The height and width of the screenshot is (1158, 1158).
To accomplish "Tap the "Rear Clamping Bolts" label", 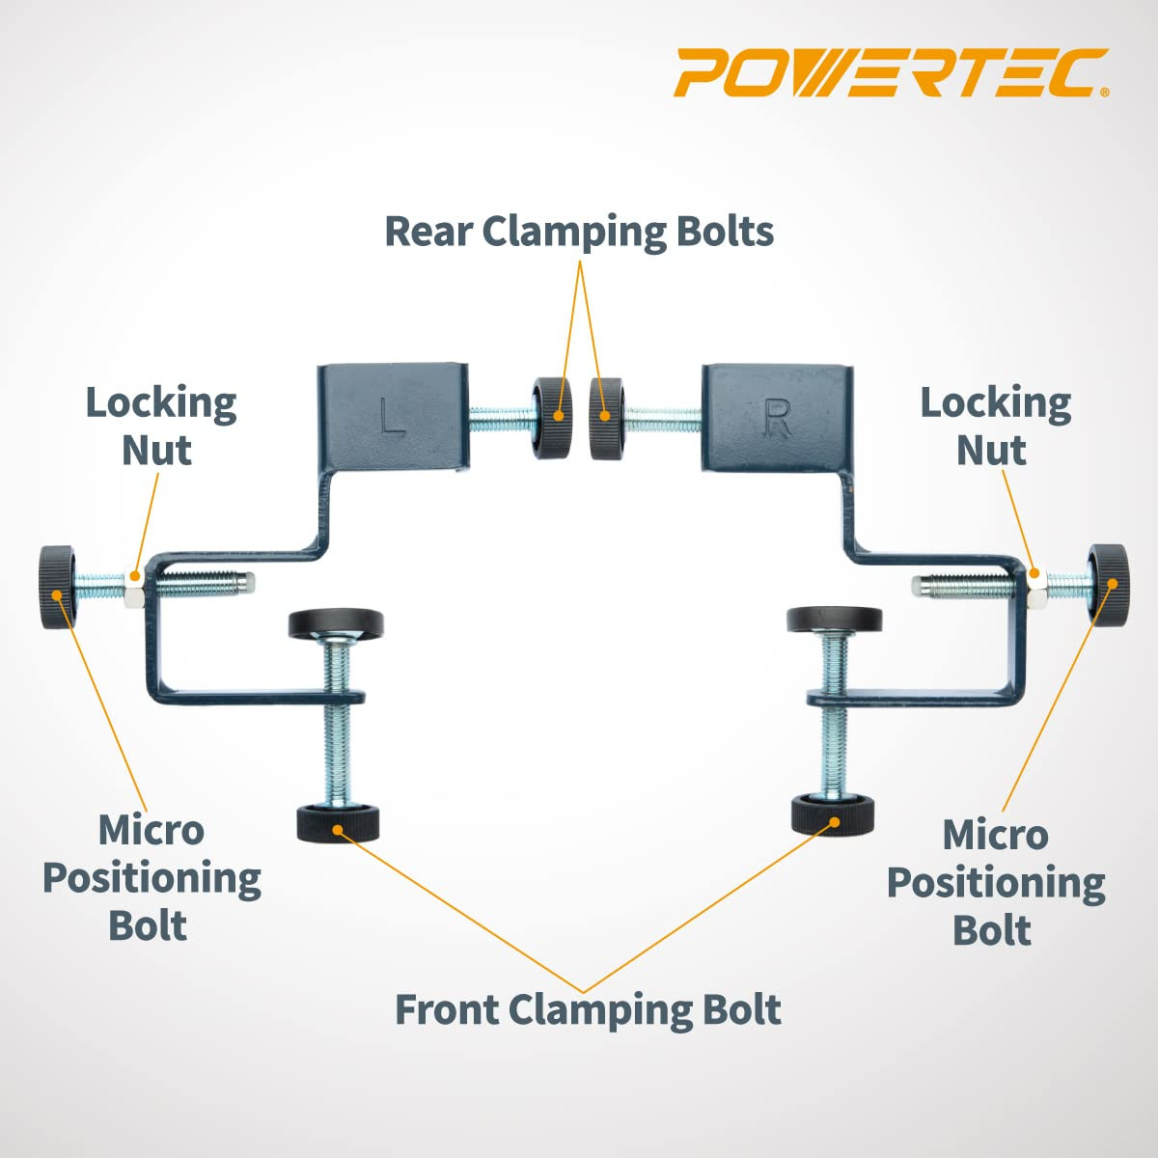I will point(579,232).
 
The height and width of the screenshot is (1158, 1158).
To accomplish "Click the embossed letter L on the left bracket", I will point(392,417).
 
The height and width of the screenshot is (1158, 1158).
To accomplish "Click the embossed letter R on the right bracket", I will point(777,417).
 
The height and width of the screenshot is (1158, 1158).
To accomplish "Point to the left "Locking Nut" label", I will point(160,426).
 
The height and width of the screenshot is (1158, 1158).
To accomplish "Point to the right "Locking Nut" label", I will point(995,426).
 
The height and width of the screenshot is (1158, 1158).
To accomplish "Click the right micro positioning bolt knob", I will point(1109,586).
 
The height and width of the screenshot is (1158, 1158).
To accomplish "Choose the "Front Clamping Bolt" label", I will point(588,1009).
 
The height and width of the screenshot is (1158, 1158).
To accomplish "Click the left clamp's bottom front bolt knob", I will point(337,823).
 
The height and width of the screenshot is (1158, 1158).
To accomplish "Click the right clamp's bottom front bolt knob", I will point(833,816).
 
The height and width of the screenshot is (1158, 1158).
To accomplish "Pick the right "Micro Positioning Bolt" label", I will point(995,881).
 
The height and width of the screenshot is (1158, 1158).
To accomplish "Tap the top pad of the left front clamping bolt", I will point(336,622).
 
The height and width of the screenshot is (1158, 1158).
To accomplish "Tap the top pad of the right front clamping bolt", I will point(834,619).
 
